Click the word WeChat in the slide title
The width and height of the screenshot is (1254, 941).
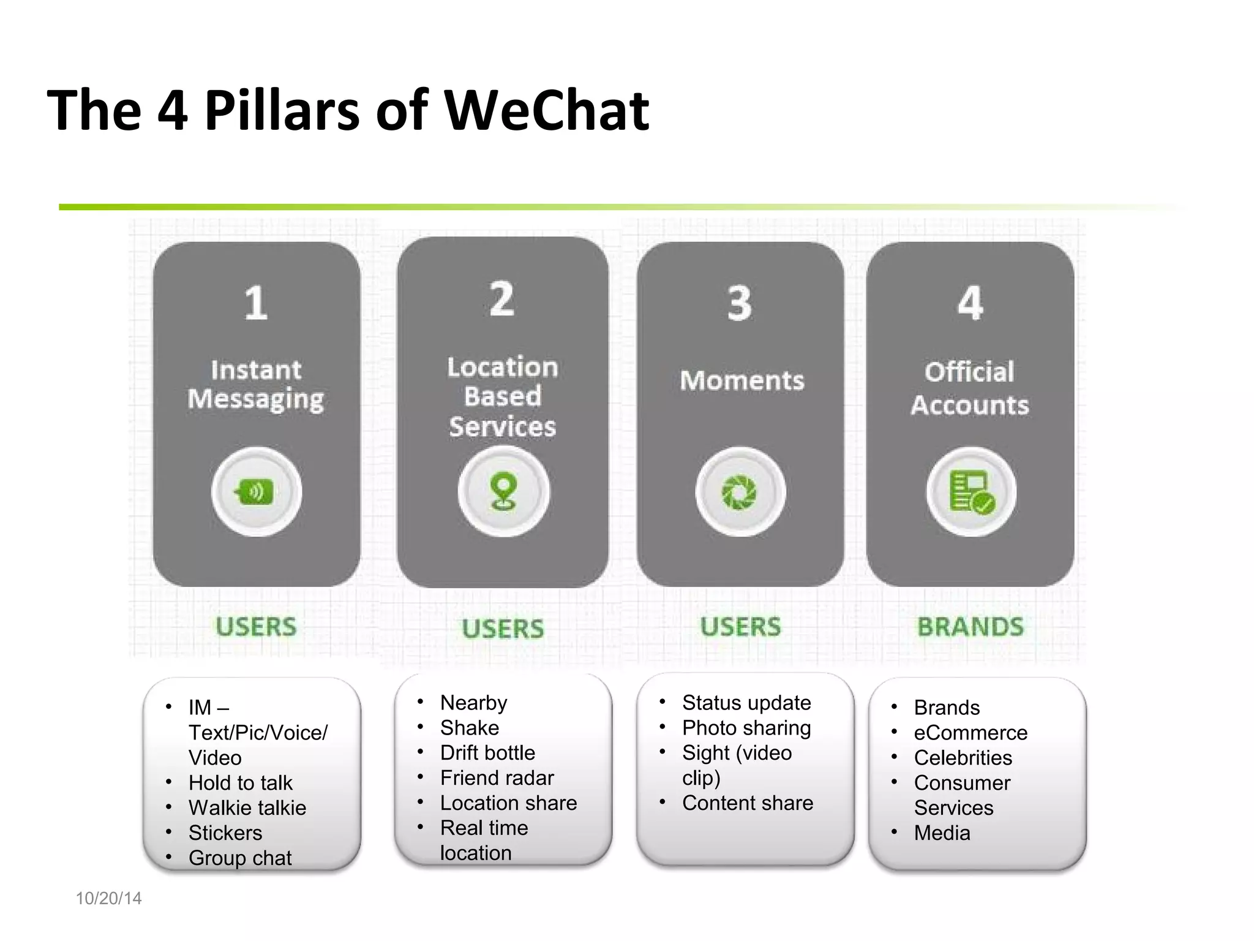(546, 111)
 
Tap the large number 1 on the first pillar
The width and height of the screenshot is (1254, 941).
(256, 303)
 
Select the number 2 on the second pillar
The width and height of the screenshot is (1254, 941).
(502, 299)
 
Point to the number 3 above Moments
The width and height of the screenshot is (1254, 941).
(740, 303)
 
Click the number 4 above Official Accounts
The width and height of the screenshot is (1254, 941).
(971, 303)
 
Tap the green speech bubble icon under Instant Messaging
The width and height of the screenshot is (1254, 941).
(256, 492)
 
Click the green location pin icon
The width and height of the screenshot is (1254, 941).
(503, 492)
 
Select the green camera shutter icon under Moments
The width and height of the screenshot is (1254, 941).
(740, 492)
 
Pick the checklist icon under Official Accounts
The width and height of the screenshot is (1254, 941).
(971, 492)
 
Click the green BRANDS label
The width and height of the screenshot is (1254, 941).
(971, 627)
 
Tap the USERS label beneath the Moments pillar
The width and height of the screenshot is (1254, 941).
(741, 627)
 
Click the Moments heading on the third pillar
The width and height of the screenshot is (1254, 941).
(742, 380)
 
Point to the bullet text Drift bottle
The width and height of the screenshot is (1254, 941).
(487, 753)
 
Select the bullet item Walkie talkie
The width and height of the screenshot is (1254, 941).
(247, 808)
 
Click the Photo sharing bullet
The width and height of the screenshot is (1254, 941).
(746, 728)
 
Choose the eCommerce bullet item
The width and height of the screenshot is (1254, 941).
(971, 733)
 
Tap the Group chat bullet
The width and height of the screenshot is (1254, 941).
(240, 858)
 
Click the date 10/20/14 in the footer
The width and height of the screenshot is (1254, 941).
(108, 898)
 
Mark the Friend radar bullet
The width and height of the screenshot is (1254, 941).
(497, 778)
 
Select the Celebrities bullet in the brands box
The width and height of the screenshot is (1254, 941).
(963, 758)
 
